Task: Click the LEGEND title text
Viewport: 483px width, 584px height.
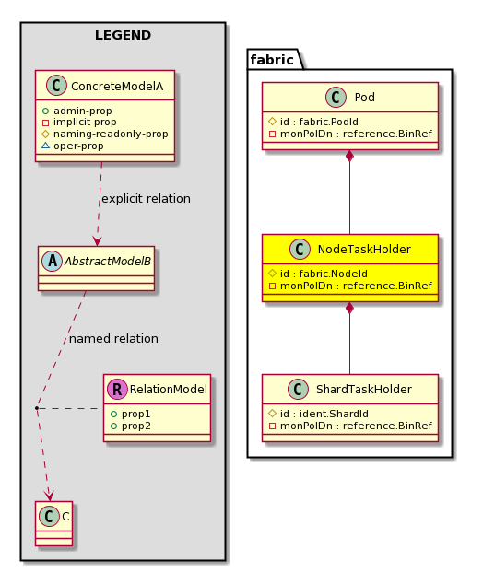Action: [x=123, y=35]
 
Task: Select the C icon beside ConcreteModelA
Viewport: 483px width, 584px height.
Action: [x=56, y=86]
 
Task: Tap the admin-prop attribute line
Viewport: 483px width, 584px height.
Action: [x=77, y=111]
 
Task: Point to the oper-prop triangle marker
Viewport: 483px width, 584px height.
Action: [x=45, y=146]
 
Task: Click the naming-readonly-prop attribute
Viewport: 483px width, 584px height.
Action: [x=105, y=134]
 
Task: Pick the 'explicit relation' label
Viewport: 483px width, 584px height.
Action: [x=146, y=199]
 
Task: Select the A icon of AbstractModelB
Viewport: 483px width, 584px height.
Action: [x=53, y=261]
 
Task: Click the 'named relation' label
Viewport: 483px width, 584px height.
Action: [x=113, y=339]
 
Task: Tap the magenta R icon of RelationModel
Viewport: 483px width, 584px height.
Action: [x=117, y=390]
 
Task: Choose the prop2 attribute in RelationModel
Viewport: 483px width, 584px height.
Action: [x=131, y=426]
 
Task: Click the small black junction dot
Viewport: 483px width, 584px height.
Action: [x=37, y=409]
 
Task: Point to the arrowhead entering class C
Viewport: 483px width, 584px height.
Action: [x=49, y=496]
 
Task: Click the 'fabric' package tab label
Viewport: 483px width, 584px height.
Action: [x=272, y=60]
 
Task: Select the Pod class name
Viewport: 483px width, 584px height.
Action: [x=364, y=98]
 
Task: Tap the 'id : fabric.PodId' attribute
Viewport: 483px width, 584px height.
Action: [x=313, y=122]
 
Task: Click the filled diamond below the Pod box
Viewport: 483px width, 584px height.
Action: [x=349, y=156]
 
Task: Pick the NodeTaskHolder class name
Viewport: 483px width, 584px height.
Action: [x=364, y=250]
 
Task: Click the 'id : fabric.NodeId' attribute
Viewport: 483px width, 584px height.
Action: [x=318, y=274]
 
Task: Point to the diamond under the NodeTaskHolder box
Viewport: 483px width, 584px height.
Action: [x=349, y=308]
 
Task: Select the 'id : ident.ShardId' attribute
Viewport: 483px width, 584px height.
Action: [x=319, y=414]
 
